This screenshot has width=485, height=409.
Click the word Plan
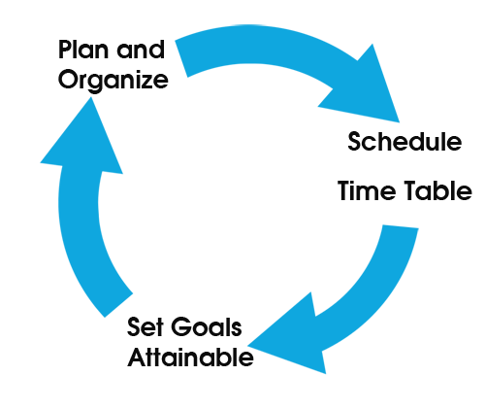[83, 50]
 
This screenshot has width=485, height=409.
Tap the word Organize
[113, 81]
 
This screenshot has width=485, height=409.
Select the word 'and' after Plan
[141, 50]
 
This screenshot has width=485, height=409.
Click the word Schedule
[404, 141]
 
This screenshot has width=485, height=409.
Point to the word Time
[367, 190]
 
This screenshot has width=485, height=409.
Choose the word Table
[438, 190]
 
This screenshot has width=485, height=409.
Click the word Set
[145, 326]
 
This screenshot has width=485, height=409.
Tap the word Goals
[207, 326]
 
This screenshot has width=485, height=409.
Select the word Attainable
[191, 358]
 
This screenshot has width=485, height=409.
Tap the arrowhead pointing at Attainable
[291, 337]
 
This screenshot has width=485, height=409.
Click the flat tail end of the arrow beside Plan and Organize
[181, 58]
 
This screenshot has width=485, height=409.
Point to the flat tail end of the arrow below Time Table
[401, 227]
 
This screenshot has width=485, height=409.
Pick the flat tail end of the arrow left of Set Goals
[118, 305]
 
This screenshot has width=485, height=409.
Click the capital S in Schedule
[355, 141]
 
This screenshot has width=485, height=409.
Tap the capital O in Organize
[68, 80]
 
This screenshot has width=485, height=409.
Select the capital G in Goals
[181, 326]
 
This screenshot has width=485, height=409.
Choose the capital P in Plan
[65, 50]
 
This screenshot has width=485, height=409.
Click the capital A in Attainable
[137, 358]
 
